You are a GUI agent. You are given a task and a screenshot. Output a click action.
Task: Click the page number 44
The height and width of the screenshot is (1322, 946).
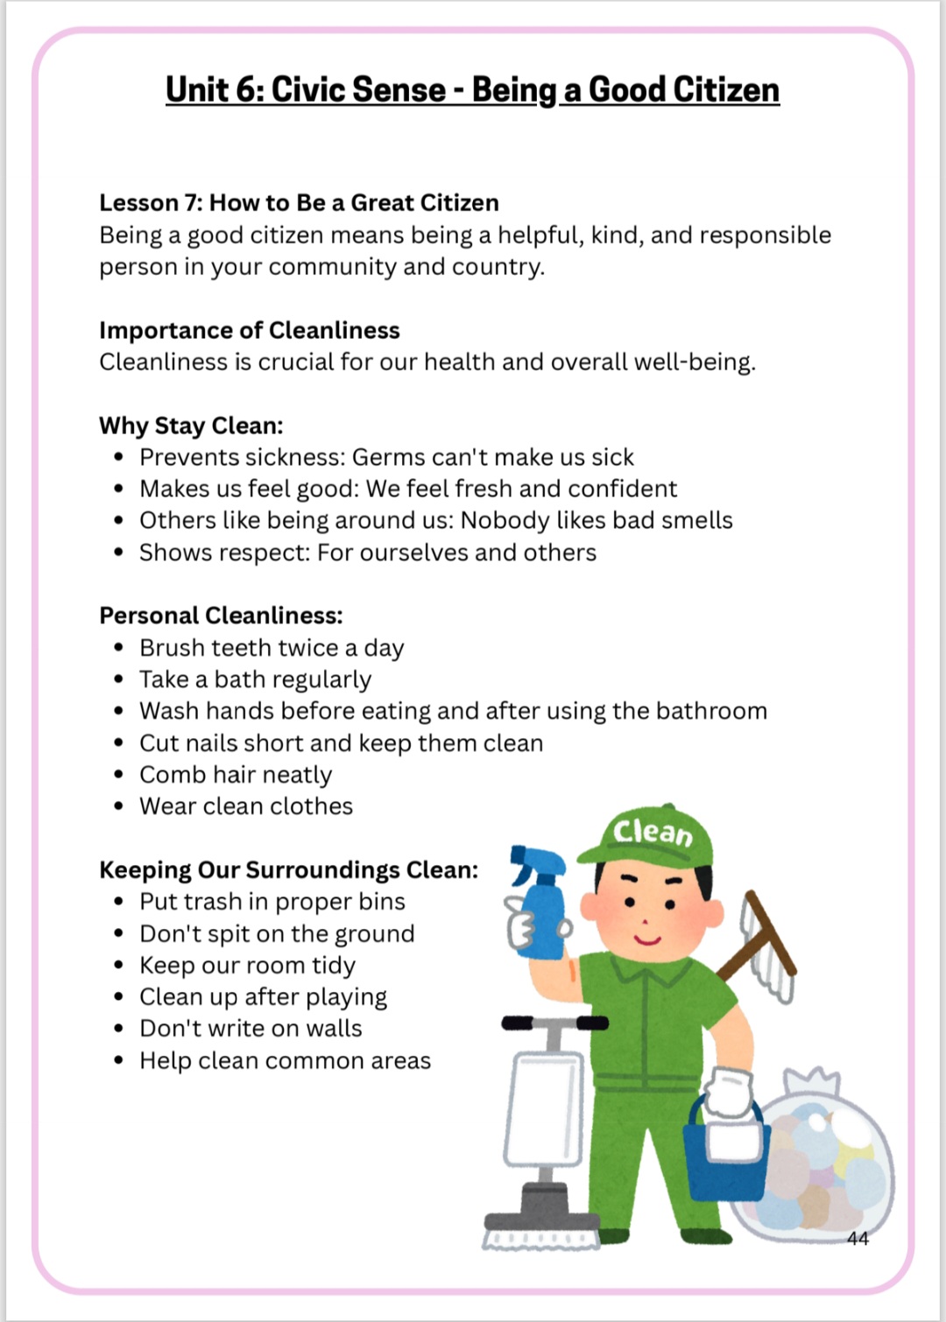click(x=858, y=1238)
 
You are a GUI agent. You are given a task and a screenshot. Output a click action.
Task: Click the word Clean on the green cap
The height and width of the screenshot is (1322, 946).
click(x=653, y=832)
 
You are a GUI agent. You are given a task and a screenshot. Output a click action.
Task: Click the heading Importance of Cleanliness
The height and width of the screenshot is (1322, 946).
click(x=249, y=330)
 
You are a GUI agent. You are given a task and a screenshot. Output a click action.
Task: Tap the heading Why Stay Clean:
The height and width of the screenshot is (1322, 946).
click(x=191, y=425)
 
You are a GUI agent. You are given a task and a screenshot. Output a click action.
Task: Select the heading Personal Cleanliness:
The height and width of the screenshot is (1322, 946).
click(x=221, y=615)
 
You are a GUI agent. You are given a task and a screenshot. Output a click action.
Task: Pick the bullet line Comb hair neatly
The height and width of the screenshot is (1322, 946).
click(x=236, y=775)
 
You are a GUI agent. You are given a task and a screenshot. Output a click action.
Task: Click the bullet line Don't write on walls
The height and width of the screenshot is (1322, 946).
click(x=251, y=1029)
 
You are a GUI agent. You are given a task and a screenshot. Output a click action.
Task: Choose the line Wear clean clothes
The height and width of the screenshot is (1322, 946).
click(x=246, y=806)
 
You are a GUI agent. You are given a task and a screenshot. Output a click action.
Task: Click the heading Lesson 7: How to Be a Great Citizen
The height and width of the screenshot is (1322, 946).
click(x=299, y=202)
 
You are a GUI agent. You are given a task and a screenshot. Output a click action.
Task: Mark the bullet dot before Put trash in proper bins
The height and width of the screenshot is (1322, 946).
click(x=118, y=903)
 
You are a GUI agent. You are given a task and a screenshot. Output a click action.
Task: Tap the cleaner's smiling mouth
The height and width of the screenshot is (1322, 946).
click(x=647, y=940)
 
